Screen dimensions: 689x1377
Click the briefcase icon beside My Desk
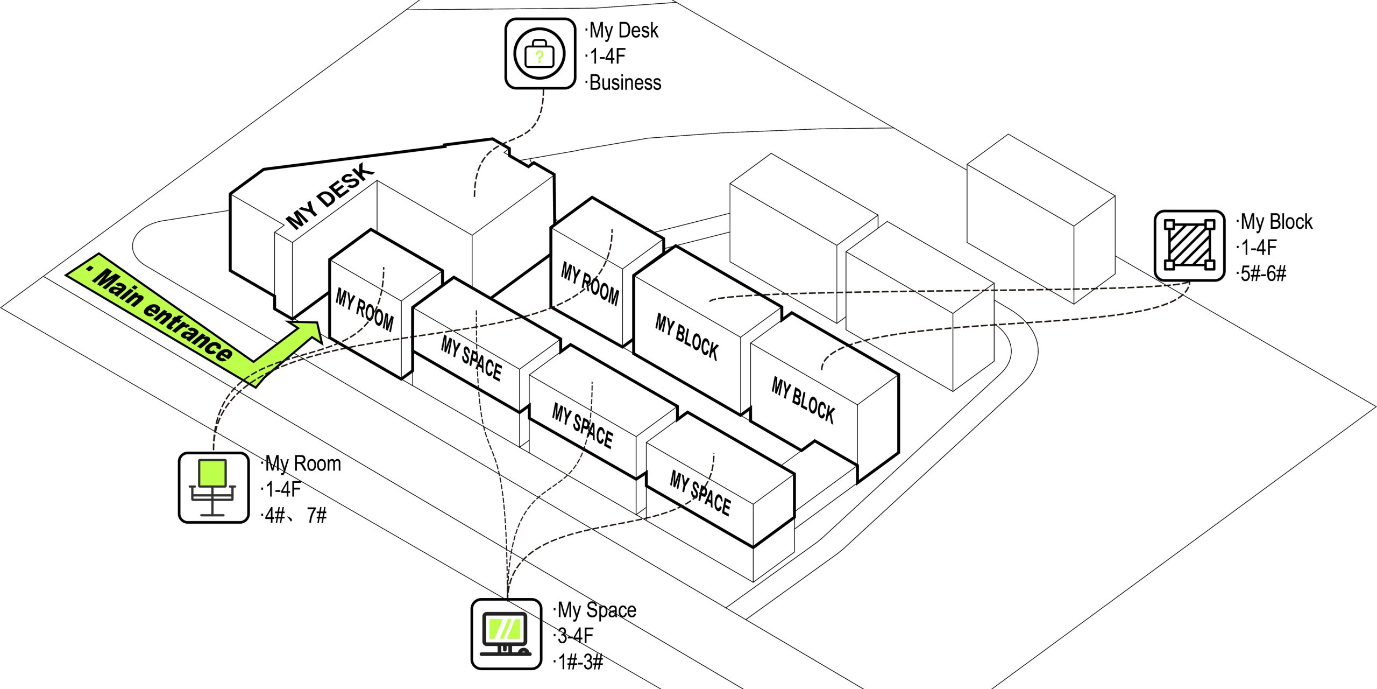pyautogui.click(x=540, y=54)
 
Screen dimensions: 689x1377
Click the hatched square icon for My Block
pyautogui.click(x=1189, y=245)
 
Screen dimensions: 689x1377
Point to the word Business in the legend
pyautogui.click(x=625, y=83)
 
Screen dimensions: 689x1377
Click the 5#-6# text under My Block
pyautogui.click(x=1262, y=274)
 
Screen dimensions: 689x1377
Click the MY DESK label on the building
pyautogui.click(x=329, y=196)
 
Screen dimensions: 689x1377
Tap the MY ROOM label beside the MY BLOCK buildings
pyautogui.click(x=590, y=284)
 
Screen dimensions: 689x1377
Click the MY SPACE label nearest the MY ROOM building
pyautogui.click(x=471, y=358)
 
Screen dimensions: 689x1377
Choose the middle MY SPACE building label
pyautogui.click(x=583, y=426)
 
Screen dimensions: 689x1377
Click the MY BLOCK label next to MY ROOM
pyautogui.click(x=686, y=337)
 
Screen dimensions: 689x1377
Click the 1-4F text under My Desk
pyautogui.click(x=608, y=56)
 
